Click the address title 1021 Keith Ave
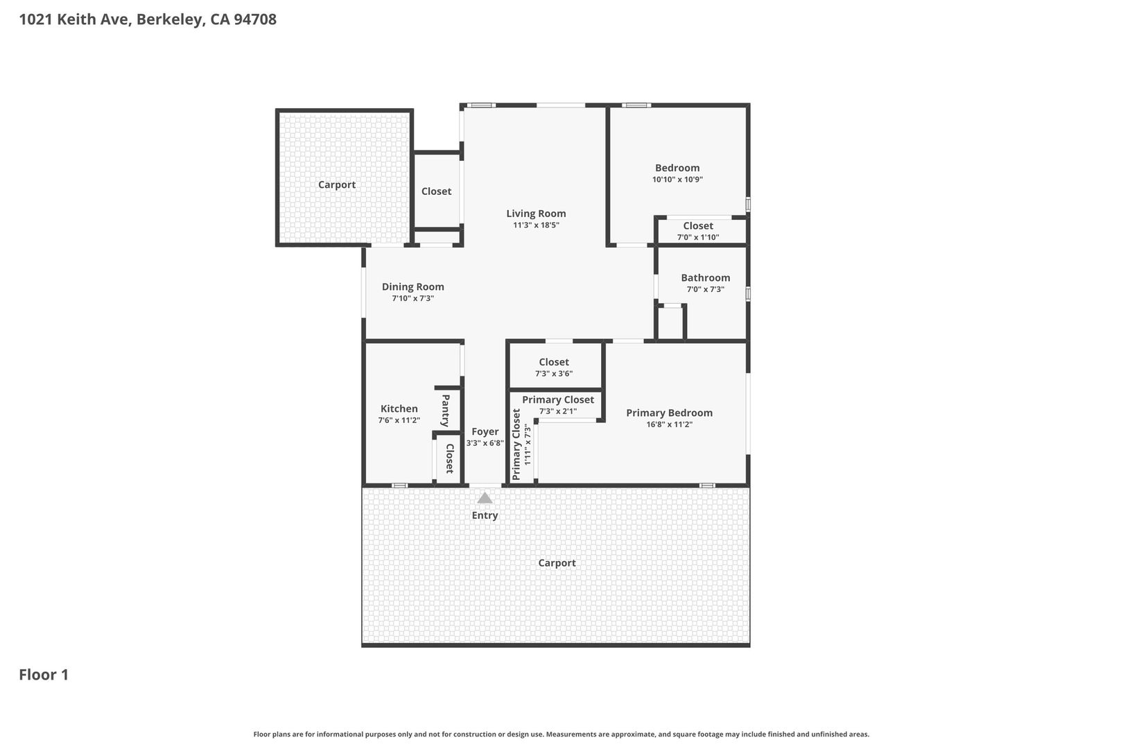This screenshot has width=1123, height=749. tap(148, 19)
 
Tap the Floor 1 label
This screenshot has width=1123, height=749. tap(44, 675)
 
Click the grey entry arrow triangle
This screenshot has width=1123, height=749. tap(485, 498)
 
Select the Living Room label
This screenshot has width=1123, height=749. tap(536, 214)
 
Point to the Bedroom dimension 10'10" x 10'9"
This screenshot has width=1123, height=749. tap(677, 180)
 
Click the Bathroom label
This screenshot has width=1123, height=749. tap(706, 278)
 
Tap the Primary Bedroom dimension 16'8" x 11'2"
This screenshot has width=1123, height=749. tap(669, 424)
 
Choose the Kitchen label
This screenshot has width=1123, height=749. tap(399, 409)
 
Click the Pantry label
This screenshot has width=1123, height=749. tap(445, 411)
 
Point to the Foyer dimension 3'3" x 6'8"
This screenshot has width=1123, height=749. tap(485, 443)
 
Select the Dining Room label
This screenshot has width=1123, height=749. tap(413, 287)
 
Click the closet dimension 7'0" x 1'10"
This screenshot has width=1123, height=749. tap(698, 237)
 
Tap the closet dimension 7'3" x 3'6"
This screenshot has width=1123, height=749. tap(554, 374)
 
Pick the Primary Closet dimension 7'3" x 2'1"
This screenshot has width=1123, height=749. tap(558, 411)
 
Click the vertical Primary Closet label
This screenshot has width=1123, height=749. tap(516, 445)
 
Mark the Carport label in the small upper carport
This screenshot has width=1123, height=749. tap(337, 184)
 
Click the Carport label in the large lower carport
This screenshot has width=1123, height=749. tap(557, 563)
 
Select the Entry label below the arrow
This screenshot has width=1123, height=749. tap(485, 516)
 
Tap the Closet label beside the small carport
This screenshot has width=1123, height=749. tap(436, 191)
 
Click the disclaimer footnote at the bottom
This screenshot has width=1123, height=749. tap(561, 734)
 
